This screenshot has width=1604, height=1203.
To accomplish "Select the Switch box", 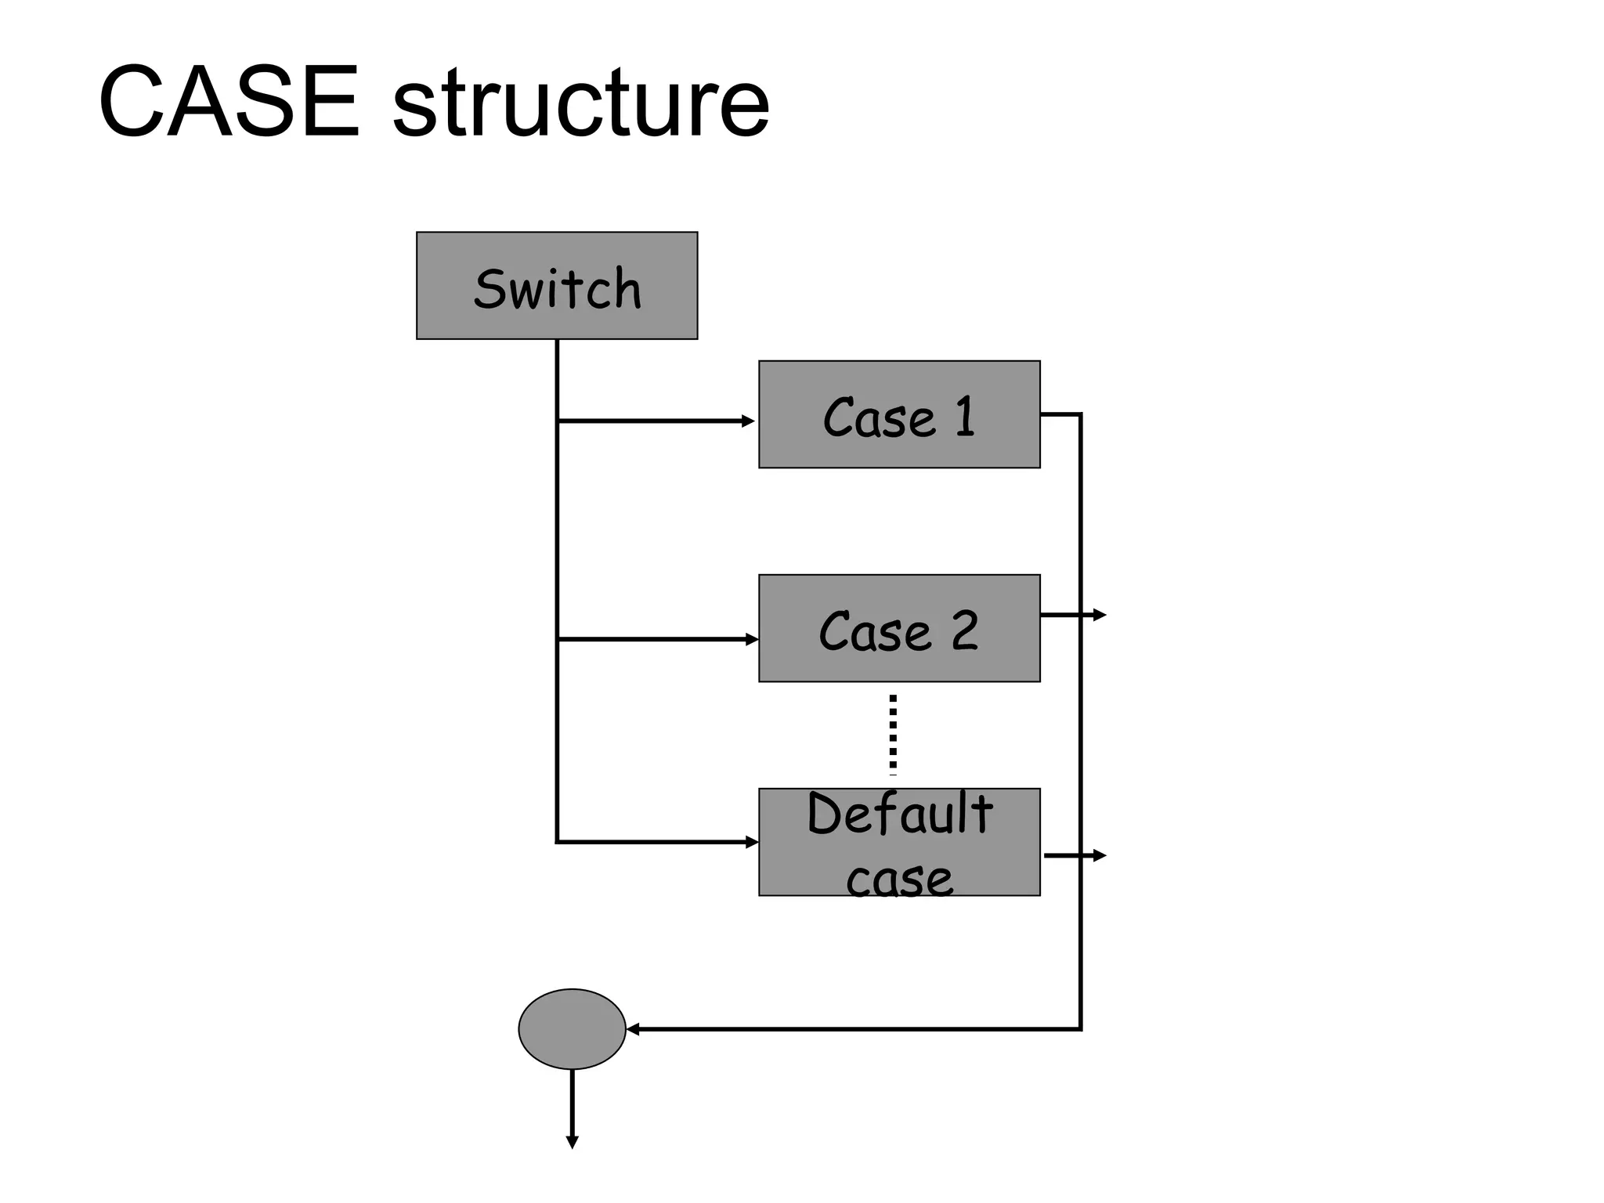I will (556, 286).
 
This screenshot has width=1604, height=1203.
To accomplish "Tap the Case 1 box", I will (899, 414).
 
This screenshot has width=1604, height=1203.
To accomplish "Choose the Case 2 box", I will (899, 628).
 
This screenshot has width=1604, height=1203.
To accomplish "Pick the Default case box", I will (899, 842).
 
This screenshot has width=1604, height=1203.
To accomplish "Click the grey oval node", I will (572, 1029).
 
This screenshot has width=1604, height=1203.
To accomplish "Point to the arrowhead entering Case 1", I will (749, 421).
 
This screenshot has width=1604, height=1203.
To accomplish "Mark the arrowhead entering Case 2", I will (752, 640).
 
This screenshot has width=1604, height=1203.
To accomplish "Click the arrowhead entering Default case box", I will (752, 843).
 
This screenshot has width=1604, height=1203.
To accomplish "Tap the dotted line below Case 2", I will (893, 735).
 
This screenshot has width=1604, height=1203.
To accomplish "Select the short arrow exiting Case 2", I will (1073, 615).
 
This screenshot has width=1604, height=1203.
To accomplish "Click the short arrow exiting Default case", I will (1075, 856).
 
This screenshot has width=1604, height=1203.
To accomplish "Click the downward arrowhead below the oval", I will (572, 1142).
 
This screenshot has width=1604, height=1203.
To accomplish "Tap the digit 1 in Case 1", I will (965, 416).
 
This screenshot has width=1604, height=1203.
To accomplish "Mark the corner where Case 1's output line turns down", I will (1081, 414).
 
